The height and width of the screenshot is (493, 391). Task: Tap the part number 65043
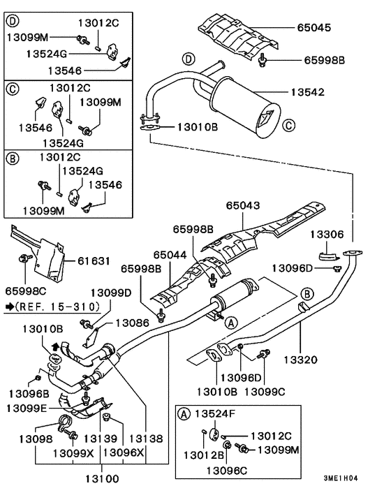coord(243,206)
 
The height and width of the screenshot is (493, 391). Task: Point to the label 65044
coord(171,256)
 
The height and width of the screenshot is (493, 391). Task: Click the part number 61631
coord(93,260)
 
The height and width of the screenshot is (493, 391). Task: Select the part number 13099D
coord(110,293)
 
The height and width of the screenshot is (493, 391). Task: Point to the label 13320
coord(301,360)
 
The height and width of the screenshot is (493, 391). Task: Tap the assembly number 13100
coord(102,478)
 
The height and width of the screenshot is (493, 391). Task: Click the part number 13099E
coord(29,408)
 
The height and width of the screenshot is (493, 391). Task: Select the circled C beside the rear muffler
coord(288,126)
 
